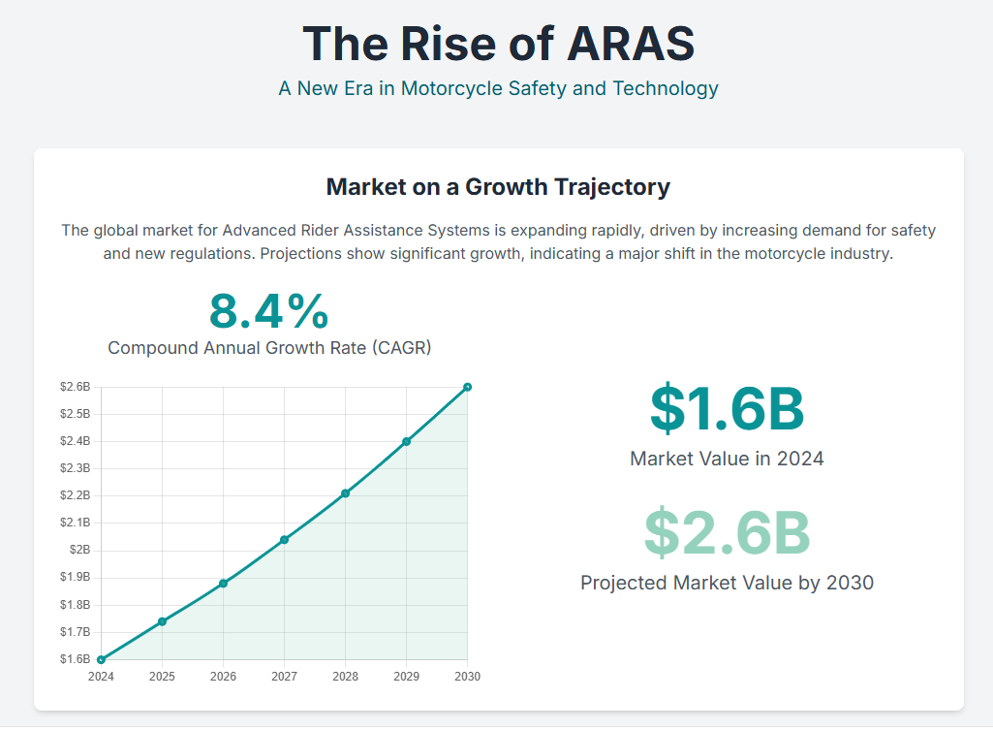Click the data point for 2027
(x=284, y=540)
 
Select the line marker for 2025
(x=162, y=621)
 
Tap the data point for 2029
(x=406, y=441)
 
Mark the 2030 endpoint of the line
(x=467, y=387)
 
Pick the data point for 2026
(x=223, y=584)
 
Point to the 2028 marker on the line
(x=345, y=493)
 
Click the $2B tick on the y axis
(x=81, y=550)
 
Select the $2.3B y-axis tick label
(x=75, y=468)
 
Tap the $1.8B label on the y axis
(x=75, y=605)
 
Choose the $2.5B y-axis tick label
(x=75, y=414)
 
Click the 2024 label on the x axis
(x=101, y=677)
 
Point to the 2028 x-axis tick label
(x=345, y=677)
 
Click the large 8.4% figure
(x=268, y=312)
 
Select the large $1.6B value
(x=727, y=408)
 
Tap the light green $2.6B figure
(x=727, y=532)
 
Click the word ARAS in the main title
(x=630, y=44)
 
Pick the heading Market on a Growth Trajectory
(x=498, y=187)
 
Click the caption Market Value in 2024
(x=727, y=459)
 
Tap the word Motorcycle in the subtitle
(x=452, y=89)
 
